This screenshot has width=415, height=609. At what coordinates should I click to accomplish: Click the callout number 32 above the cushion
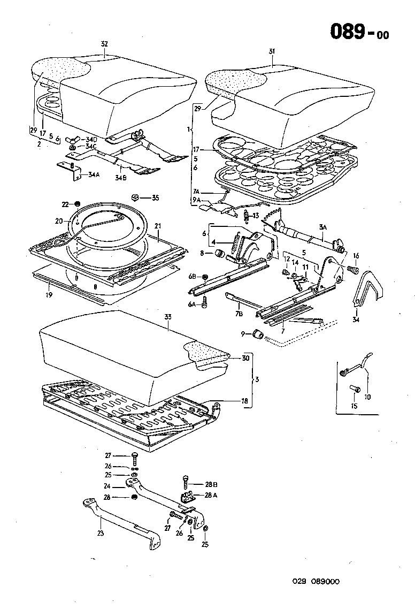(104, 44)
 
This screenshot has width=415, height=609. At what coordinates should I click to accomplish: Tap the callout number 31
(272, 51)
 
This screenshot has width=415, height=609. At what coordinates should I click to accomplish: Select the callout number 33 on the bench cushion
(167, 317)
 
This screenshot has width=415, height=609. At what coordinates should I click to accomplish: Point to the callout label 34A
(94, 174)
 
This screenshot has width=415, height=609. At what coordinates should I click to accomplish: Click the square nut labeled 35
(135, 197)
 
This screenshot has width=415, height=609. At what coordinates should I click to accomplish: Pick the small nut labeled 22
(77, 204)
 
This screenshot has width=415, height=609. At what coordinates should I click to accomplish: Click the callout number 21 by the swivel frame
(158, 226)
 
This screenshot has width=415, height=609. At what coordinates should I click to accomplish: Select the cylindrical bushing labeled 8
(218, 253)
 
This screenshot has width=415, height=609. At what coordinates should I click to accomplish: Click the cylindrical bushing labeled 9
(258, 334)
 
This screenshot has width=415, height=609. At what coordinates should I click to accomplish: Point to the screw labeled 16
(352, 270)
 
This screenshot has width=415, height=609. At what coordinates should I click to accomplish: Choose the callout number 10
(367, 397)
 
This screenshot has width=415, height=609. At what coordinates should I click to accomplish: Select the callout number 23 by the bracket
(100, 533)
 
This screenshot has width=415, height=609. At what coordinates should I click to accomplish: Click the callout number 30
(245, 359)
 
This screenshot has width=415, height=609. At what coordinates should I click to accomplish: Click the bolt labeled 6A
(204, 304)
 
